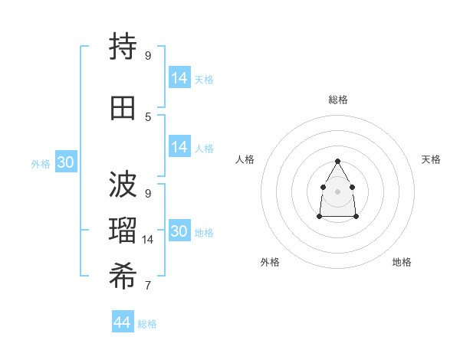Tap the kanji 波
point(123,183)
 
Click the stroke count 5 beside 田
point(148,117)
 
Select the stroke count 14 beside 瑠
point(149,240)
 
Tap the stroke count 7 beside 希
point(148,286)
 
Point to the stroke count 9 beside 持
point(148,55)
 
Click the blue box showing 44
point(122,322)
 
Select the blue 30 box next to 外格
point(65,162)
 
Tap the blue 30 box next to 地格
point(179,231)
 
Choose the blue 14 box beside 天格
point(179,78)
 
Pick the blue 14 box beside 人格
point(179,147)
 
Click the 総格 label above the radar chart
point(338,100)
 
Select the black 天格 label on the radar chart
point(432,159)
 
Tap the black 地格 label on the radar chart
point(402,262)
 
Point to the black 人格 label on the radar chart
point(245,159)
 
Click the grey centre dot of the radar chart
point(338,191)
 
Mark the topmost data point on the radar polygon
point(338,161)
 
